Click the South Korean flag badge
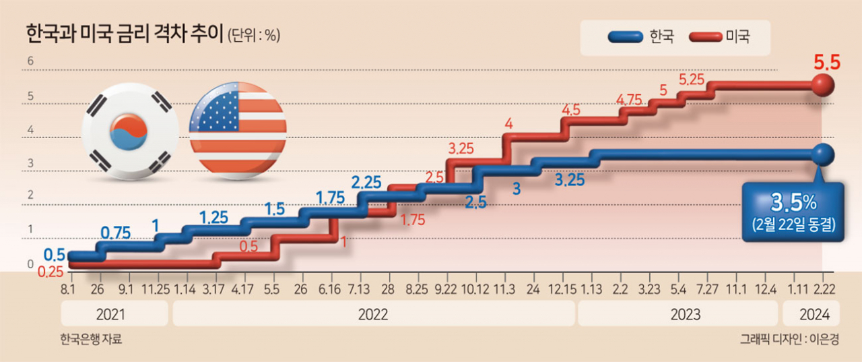point(130,131)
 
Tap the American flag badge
point(238,131)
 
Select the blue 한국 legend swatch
point(626,37)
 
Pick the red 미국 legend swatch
point(705,37)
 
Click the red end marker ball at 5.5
point(823,85)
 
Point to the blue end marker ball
point(823,155)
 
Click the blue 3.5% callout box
point(793,212)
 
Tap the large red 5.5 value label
point(827,63)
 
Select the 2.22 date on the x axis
point(824,289)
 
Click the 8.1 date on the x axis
point(68,289)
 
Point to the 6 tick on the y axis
point(30,61)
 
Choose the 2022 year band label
point(373,315)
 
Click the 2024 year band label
point(815,315)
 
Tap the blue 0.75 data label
point(115,233)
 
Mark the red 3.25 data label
point(461,149)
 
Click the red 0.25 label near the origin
point(51,272)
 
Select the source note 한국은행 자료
point(91,339)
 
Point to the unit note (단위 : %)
point(254,36)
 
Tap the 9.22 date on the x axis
point(446,289)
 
